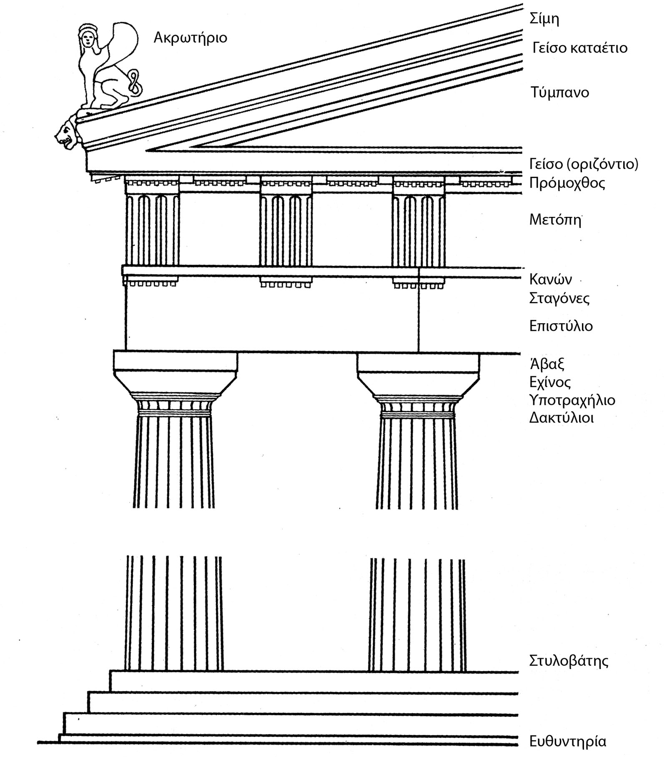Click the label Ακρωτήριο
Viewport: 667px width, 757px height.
click(x=190, y=38)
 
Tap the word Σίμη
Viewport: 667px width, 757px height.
click(x=544, y=19)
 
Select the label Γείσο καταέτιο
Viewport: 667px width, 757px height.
click(x=580, y=48)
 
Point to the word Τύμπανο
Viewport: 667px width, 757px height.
click(x=560, y=92)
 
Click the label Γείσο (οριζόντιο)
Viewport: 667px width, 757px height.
click(x=584, y=164)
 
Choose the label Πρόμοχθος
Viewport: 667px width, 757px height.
click(x=567, y=183)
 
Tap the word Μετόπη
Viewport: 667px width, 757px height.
click(x=555, y=220)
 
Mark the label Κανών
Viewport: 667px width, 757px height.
click(x=550, y=279)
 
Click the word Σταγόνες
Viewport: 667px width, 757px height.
click(x=559, y=299)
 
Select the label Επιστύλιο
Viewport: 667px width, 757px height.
click(x=561, y=326)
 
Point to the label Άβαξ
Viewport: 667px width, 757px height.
click(x=547, y=364)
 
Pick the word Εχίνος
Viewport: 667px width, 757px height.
click(x=550, y=382)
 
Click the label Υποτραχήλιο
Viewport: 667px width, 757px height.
click(x=572, y=400)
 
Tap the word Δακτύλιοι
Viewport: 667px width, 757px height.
click(x=561, y=418)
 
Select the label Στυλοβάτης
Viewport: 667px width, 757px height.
click(x=569, y=661)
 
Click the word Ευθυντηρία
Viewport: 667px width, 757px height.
click(x=567, y=742)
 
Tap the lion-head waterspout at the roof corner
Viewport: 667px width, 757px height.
click(x=67, y=133)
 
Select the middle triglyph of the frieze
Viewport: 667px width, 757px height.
click(x=286, y=229)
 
